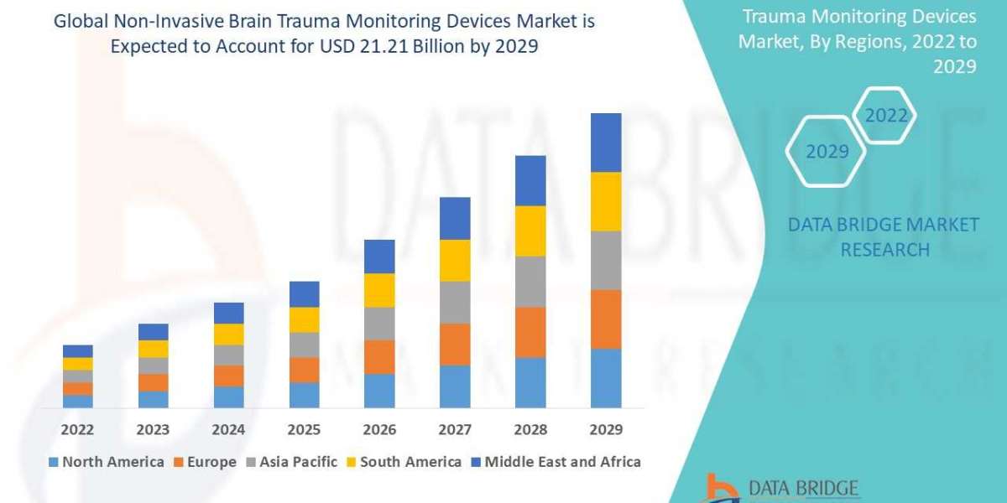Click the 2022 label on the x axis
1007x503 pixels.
pos(77,429)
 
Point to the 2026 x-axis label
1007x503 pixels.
pos(379,429)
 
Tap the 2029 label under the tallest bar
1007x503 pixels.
pos(606,429)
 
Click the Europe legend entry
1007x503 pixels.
pos(206,462)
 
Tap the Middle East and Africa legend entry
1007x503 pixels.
pos(556,462)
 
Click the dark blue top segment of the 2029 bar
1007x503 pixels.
pos(606,143)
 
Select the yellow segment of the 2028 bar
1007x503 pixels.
pos(530,231)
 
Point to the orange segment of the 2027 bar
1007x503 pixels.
pos(455,345)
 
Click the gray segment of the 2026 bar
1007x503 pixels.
pos(379,324)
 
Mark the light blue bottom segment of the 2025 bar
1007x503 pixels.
pos(304,395)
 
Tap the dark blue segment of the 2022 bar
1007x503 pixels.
pos(77,351)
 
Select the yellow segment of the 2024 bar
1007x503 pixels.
pos(228,334)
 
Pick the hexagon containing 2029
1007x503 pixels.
pos(827,152)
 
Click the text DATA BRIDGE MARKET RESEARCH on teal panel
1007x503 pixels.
pos(884,237)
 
